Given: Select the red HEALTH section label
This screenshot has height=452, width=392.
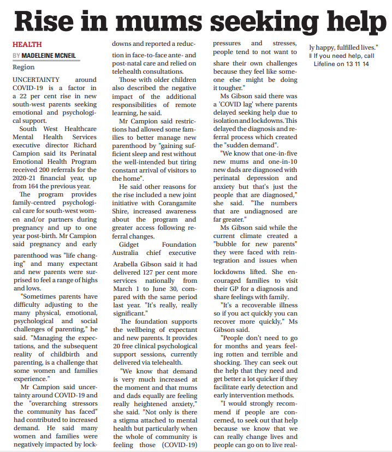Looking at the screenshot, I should point(27,44).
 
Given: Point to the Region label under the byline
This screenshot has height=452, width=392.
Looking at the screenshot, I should point(23,67).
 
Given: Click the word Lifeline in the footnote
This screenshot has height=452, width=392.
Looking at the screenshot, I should point(325,64).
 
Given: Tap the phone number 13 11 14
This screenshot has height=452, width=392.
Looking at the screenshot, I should point(357,64).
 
